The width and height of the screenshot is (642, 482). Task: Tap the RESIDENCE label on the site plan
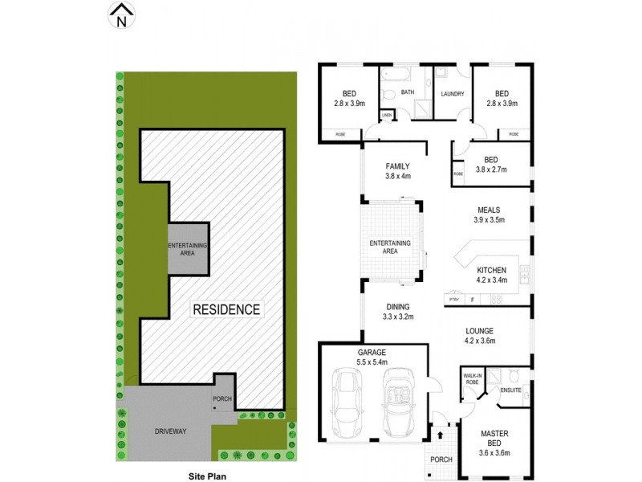coord(226,309)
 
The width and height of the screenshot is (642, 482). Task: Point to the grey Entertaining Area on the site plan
coord(188,248)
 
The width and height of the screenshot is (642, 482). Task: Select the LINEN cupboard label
coord(387,116)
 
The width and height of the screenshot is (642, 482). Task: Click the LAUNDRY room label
coord(452,94)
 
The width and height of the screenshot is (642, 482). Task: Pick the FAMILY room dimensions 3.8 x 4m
coord(397,176)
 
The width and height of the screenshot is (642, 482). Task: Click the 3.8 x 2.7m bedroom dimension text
coord(490,170)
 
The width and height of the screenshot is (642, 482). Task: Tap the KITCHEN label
coord(491,270)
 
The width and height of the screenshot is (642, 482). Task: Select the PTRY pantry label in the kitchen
coord(453,300)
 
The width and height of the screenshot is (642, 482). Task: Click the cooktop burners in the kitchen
coord(496,300)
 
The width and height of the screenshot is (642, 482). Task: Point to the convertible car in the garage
coord(396,402)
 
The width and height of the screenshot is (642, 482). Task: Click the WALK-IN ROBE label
coord(473,378)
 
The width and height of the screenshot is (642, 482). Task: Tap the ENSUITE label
coord(510,390)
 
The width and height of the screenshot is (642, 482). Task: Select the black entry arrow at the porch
coord(440,435)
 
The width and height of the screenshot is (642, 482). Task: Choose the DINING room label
coord(397,307)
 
